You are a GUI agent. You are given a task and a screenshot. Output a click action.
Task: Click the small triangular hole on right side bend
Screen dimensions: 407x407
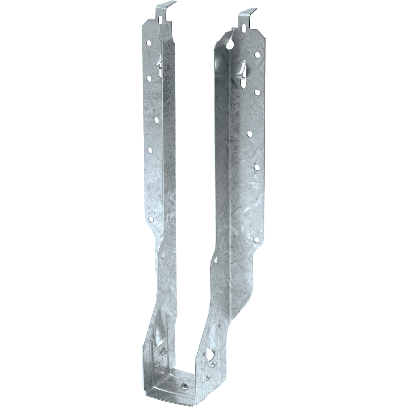coord(216,260)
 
